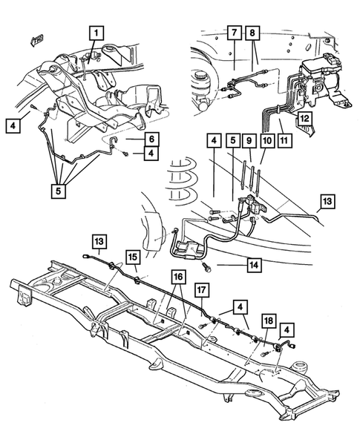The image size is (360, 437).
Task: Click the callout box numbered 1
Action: coord(96,33)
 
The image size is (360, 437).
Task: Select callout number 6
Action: coord(150,138)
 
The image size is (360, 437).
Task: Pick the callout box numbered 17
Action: coord(201,289)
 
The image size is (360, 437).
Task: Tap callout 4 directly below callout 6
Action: coord(150,154)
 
